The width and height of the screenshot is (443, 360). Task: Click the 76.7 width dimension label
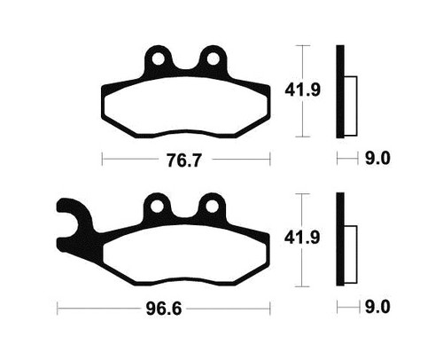(x=183, y=160)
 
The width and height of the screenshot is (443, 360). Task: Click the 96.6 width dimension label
(x=164, y=309)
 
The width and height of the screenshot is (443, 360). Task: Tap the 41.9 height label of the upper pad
(x=302, y=90)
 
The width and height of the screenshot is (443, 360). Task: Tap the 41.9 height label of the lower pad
(x=302, y=238)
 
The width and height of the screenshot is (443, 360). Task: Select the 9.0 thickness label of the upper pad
(x=377, y=159)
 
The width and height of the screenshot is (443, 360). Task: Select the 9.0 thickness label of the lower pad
(x=377, y=307)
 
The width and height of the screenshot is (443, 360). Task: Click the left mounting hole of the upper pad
(x=159, y=59)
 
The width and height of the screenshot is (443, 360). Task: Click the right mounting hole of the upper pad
(x=213, y=59)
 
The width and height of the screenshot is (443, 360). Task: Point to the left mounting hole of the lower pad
(x=158, y=207)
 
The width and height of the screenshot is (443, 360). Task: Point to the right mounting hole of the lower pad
(x=212, y=207)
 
